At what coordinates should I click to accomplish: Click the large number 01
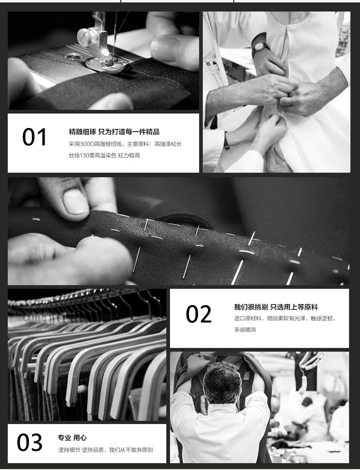point(35,137)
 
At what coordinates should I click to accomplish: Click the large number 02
point(199,314)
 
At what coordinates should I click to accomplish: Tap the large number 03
point(29,442)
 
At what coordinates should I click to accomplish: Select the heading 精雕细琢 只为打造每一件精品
point(114,131)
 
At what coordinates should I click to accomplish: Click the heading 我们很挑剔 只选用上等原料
point(276,307)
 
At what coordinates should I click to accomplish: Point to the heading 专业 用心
point(72,437)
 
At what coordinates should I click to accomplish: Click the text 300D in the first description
point(87,144)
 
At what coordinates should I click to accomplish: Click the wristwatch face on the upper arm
point(259,47)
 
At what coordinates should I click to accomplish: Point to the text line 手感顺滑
point(245,330)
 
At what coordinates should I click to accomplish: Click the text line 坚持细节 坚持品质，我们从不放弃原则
point(105,450)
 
